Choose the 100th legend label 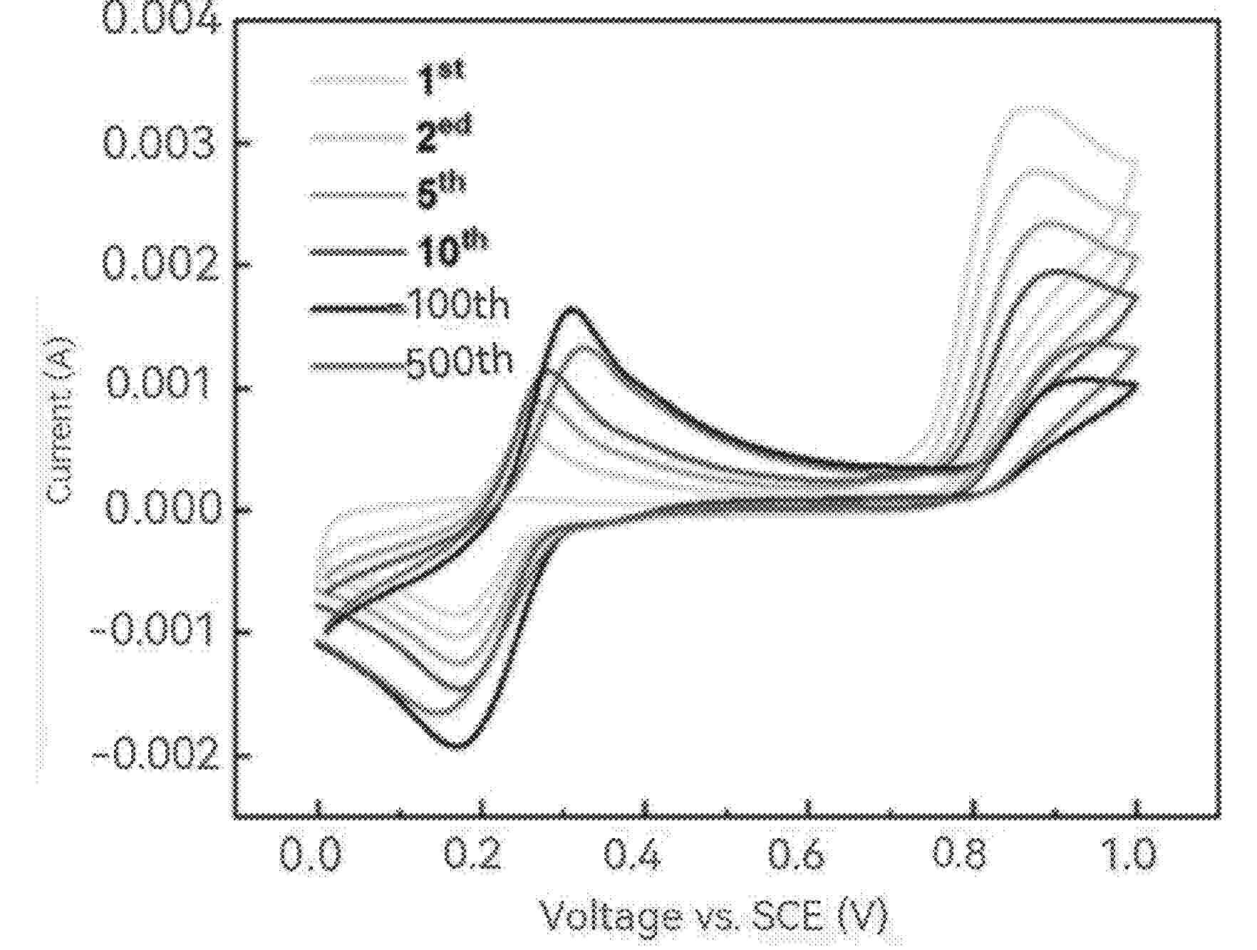coord(458,306)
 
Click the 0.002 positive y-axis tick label coord(159,266)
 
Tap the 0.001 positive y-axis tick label coord(159,386)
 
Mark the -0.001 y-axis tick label coord(153,631)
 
